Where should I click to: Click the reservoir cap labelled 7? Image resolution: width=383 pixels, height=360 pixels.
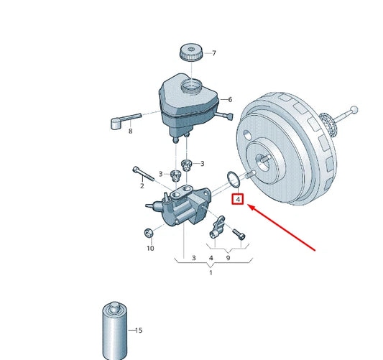click(191, 52)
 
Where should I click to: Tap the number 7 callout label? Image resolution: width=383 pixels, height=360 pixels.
click(214, 53)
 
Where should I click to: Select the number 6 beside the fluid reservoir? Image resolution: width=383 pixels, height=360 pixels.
click(230, 100)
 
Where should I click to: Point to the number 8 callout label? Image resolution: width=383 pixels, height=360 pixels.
click(131, 131)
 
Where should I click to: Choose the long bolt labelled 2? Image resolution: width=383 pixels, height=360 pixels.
click(144, 174)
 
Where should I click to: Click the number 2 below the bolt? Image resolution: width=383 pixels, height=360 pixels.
click(142, 186)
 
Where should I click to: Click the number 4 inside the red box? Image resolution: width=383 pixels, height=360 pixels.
click(238, 199)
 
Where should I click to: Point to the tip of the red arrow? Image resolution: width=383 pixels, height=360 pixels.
click(248, 206)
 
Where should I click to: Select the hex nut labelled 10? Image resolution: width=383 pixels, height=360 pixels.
click(148, 233)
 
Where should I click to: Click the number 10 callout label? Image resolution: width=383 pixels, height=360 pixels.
click(150, 249)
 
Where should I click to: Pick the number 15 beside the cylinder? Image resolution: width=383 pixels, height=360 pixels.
click(139, 331)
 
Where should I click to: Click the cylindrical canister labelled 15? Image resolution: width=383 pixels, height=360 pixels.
click(115, 331)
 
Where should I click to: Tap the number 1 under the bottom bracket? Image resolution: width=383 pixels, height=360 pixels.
click(211, 272)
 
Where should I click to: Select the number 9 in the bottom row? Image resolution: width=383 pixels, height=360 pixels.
click(228, 258)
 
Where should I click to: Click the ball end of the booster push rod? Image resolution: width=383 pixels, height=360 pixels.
click(354, 110)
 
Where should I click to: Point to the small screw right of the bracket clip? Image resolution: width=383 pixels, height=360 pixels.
click(239, 234)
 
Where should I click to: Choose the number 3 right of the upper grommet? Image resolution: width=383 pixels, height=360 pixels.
click(202, 164)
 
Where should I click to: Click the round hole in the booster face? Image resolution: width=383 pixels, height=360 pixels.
click(247, 135)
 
